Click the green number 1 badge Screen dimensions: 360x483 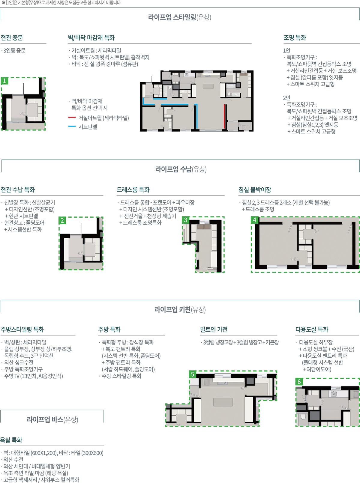(x=4, y=81)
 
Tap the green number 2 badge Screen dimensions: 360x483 (x=62, y=221)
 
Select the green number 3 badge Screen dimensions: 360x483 (x=186, y=220)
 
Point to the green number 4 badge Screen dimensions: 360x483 (x=254, y=220)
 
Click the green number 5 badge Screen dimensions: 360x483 (x=192, y=374)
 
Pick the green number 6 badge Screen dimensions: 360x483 (x=299, y=382)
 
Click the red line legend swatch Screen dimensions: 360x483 (x=72, y=117)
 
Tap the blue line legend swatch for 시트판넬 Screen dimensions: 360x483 (x=72, y=126)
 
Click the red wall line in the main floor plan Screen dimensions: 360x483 (x=224, y=117)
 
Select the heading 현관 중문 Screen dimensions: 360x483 (x=12, y=38)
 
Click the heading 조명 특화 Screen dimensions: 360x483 (x=295, y=38)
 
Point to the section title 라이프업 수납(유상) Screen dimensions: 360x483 (x=181, y=169)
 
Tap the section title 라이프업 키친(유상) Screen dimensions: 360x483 (x=180, y=309)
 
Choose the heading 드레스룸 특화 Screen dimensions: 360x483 (x=133, y=190)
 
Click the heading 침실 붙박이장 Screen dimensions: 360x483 (x=255, y=190)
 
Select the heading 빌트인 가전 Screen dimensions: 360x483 (x=214, y=329)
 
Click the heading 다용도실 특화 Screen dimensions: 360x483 (x=312, y=329)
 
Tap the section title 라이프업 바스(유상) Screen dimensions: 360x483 (x=52, y=419)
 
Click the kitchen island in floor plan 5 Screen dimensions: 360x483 (x=223, y=402)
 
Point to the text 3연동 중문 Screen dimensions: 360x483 (x=14, y=51)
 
